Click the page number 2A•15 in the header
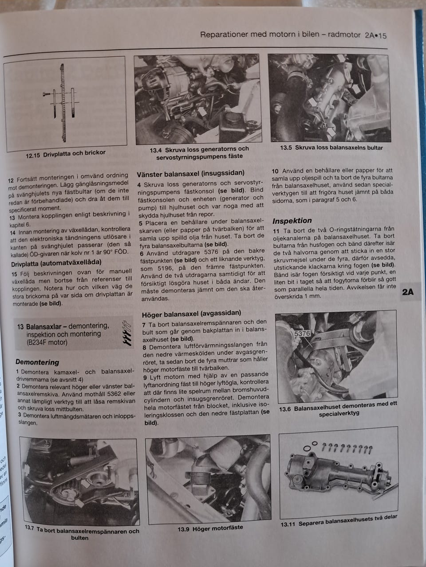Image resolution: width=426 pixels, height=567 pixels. [376, 35]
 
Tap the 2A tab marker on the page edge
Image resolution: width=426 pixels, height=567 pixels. [408, 292]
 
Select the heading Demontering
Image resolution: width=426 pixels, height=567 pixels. [37, 362]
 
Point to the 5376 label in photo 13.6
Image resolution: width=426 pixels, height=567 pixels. [302, 334]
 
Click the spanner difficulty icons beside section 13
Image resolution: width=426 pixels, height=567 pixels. [127, 333]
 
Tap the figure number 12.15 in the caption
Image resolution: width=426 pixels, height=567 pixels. [33, 155]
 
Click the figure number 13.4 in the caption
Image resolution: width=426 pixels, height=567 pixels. [156, 150]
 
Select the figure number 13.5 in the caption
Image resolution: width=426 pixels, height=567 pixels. [286, 148]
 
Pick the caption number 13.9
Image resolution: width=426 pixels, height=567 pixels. [183, 529]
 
